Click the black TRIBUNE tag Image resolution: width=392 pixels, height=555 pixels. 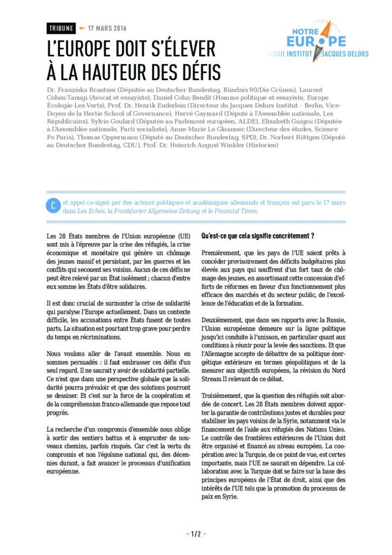(61, 28)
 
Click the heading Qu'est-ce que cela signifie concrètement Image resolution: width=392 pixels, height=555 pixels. (258, 236)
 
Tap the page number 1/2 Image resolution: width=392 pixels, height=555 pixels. (195, 534)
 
